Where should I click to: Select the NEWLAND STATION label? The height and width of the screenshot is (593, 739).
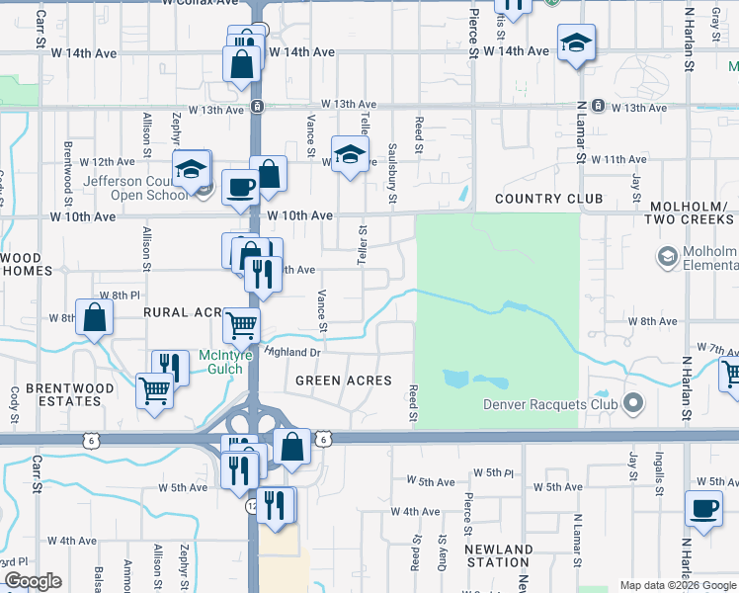(500, 555)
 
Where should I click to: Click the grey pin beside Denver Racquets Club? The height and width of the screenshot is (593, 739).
(633, 403)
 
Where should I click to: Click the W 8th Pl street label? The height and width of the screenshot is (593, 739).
(120, 295)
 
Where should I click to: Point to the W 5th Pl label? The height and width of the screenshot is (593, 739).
(493, 473)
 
